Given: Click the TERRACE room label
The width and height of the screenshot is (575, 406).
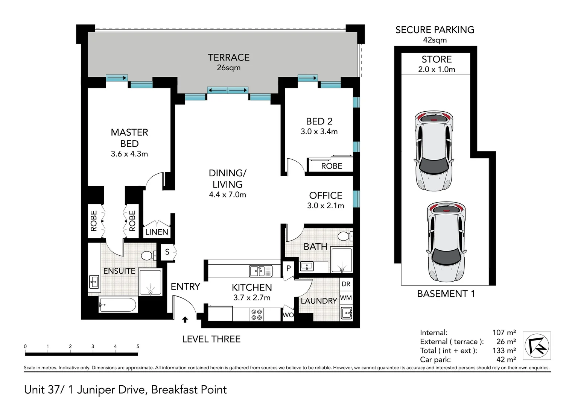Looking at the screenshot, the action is point(228,58).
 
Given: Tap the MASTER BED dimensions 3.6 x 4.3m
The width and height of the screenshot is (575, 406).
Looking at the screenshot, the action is point(129,154).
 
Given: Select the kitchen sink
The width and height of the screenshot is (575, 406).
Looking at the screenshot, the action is point(260,271).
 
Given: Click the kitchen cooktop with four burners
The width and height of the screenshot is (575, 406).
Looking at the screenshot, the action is point(257,315).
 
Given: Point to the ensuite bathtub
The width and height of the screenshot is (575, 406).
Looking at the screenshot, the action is point(118,304).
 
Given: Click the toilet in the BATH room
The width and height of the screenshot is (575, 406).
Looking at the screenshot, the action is point(345,236).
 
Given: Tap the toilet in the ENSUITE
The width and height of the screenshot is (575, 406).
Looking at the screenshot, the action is point(149,256).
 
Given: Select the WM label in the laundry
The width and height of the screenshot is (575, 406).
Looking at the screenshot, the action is point(346,298).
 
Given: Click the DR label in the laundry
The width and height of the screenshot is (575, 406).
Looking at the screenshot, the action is point(346,284).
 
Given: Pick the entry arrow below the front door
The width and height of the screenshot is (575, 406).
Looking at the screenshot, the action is point(185,319).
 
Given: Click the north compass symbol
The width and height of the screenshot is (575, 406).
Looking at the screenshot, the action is point(537,346).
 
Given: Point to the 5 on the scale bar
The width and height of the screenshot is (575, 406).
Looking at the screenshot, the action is point(138,346).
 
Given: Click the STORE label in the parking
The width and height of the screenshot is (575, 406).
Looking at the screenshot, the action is point(437,59).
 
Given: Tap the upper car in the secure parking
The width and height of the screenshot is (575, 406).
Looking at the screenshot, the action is point(434,151).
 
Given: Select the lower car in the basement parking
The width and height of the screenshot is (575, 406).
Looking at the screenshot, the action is point(446,242).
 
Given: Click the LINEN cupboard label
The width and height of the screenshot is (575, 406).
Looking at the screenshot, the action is point(157,232).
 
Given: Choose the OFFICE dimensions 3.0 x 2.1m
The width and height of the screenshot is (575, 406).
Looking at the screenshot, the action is point(326,206).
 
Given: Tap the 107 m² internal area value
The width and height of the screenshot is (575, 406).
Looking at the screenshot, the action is point(504,332).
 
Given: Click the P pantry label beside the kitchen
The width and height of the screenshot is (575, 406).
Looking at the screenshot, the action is point(289,268).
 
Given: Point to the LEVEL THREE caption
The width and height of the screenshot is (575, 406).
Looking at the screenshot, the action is point(211,339).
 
